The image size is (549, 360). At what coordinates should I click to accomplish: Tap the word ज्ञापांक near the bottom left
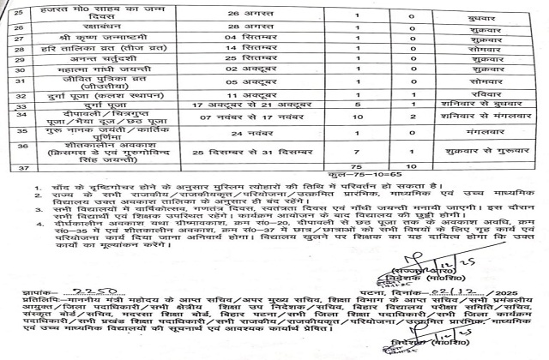point(33,291)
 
